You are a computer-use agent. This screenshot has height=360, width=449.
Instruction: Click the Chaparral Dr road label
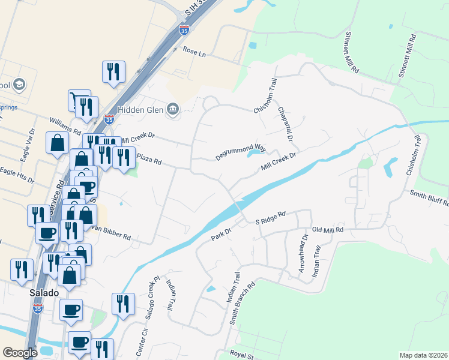pos(285,125)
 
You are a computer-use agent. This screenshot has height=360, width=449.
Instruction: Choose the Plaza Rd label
pos(149,160)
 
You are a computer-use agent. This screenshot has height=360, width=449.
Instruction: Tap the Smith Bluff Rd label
pos(429,198)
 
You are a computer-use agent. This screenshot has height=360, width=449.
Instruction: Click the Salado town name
pos(44,293)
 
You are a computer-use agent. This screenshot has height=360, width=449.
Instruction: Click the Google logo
pos(20,353)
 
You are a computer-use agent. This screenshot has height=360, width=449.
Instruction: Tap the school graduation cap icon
pos(19,84)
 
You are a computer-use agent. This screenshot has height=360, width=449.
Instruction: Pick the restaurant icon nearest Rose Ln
pos(113,72)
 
